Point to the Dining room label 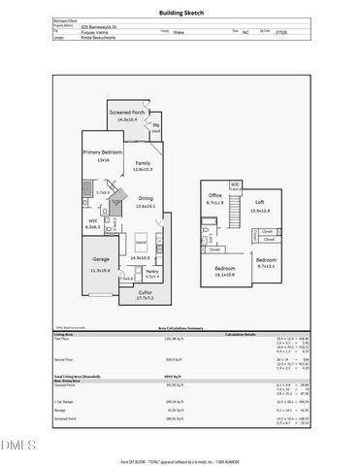(x=144, y=199)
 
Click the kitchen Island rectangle (x=140, y=240)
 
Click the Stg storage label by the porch (x=154, y=126)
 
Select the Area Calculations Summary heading (x=180, y=329)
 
